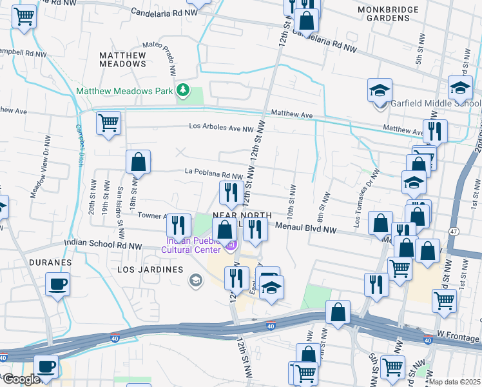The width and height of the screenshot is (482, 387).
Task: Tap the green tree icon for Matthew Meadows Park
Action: (184, 90)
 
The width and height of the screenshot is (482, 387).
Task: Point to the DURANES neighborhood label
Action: (49, 263)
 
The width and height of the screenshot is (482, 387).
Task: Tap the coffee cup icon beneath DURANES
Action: (58, 284)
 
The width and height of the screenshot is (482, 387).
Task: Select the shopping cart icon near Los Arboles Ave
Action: (109, 122)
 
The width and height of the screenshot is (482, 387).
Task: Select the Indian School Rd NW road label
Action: (103, 245)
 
